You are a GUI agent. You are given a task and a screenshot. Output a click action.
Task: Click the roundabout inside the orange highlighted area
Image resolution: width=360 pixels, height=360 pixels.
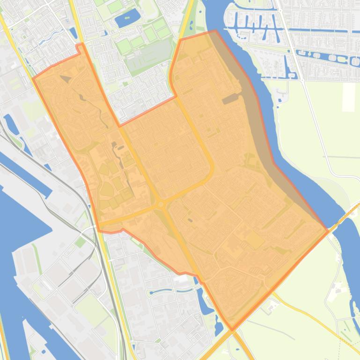[x=161, y=204]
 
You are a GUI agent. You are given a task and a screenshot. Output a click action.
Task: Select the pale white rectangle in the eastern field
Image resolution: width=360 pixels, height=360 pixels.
[x=349, y=97]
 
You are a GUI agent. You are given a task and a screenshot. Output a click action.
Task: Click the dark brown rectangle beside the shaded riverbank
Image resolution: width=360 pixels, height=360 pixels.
[x=230, y=100]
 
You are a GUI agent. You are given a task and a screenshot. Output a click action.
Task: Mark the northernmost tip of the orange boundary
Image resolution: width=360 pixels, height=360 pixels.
[x=215, y=31]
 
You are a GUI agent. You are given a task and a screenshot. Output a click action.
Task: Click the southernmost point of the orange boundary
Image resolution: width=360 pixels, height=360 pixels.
[x=232, y=330]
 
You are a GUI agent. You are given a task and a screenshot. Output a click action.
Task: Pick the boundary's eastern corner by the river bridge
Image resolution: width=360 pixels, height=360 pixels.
[x=327, y=231]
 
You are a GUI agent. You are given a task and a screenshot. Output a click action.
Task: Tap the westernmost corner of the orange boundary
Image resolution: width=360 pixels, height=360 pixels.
[x=33, y=79]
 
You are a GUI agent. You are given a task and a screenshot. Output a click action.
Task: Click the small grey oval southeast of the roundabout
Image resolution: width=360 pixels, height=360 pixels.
[x=190, y=220]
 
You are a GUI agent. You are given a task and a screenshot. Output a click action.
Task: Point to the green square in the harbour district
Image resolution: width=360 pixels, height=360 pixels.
[x=81, y=242]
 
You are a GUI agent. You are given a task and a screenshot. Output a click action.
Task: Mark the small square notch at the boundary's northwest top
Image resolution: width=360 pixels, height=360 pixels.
[x=80, y=47]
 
